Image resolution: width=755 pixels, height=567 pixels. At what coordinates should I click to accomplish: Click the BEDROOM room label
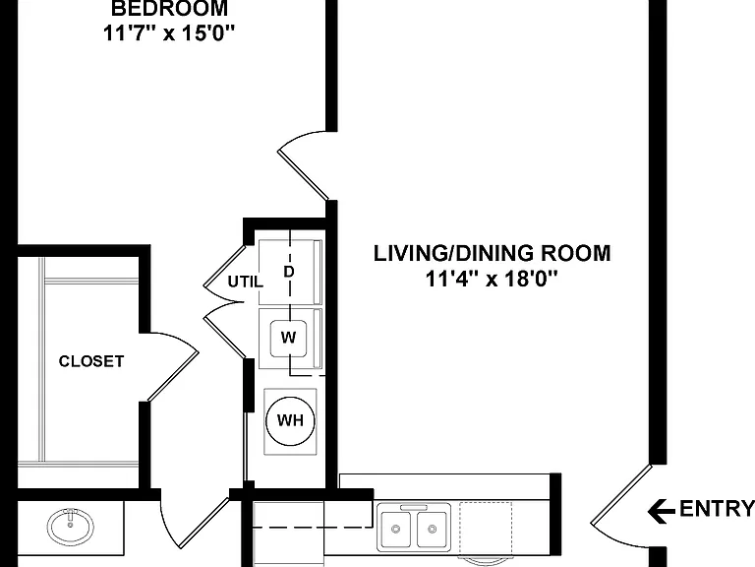click(169, 8)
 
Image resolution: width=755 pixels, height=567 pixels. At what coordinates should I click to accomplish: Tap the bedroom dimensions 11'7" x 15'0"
click(169, 33)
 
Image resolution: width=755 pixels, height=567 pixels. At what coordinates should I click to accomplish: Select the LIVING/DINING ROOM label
click(493, 253)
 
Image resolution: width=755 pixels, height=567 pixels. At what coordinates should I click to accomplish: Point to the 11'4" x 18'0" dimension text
click(492, 279)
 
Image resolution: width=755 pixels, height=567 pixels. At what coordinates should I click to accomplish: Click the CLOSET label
click(91, 361)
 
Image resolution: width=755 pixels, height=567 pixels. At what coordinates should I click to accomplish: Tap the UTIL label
click(246, 282)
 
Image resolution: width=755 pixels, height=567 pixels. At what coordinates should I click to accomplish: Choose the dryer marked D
click(290, 272)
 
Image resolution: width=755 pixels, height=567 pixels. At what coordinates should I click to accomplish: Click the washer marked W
click(290, 339)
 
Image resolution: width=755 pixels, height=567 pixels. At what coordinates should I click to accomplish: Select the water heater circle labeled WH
click(290, 421)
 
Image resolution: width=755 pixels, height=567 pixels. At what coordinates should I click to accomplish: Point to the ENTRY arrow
click(662, 511)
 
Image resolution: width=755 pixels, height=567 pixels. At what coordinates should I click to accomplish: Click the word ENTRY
click(717, 509)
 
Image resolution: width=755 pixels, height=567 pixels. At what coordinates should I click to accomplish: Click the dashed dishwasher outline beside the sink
click(486, 528)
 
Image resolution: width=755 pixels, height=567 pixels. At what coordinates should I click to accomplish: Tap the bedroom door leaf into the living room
click(303, 175)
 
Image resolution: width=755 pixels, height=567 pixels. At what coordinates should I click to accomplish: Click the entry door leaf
click(620, 494)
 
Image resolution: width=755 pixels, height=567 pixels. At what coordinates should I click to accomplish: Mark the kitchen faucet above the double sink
click(414, 508)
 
